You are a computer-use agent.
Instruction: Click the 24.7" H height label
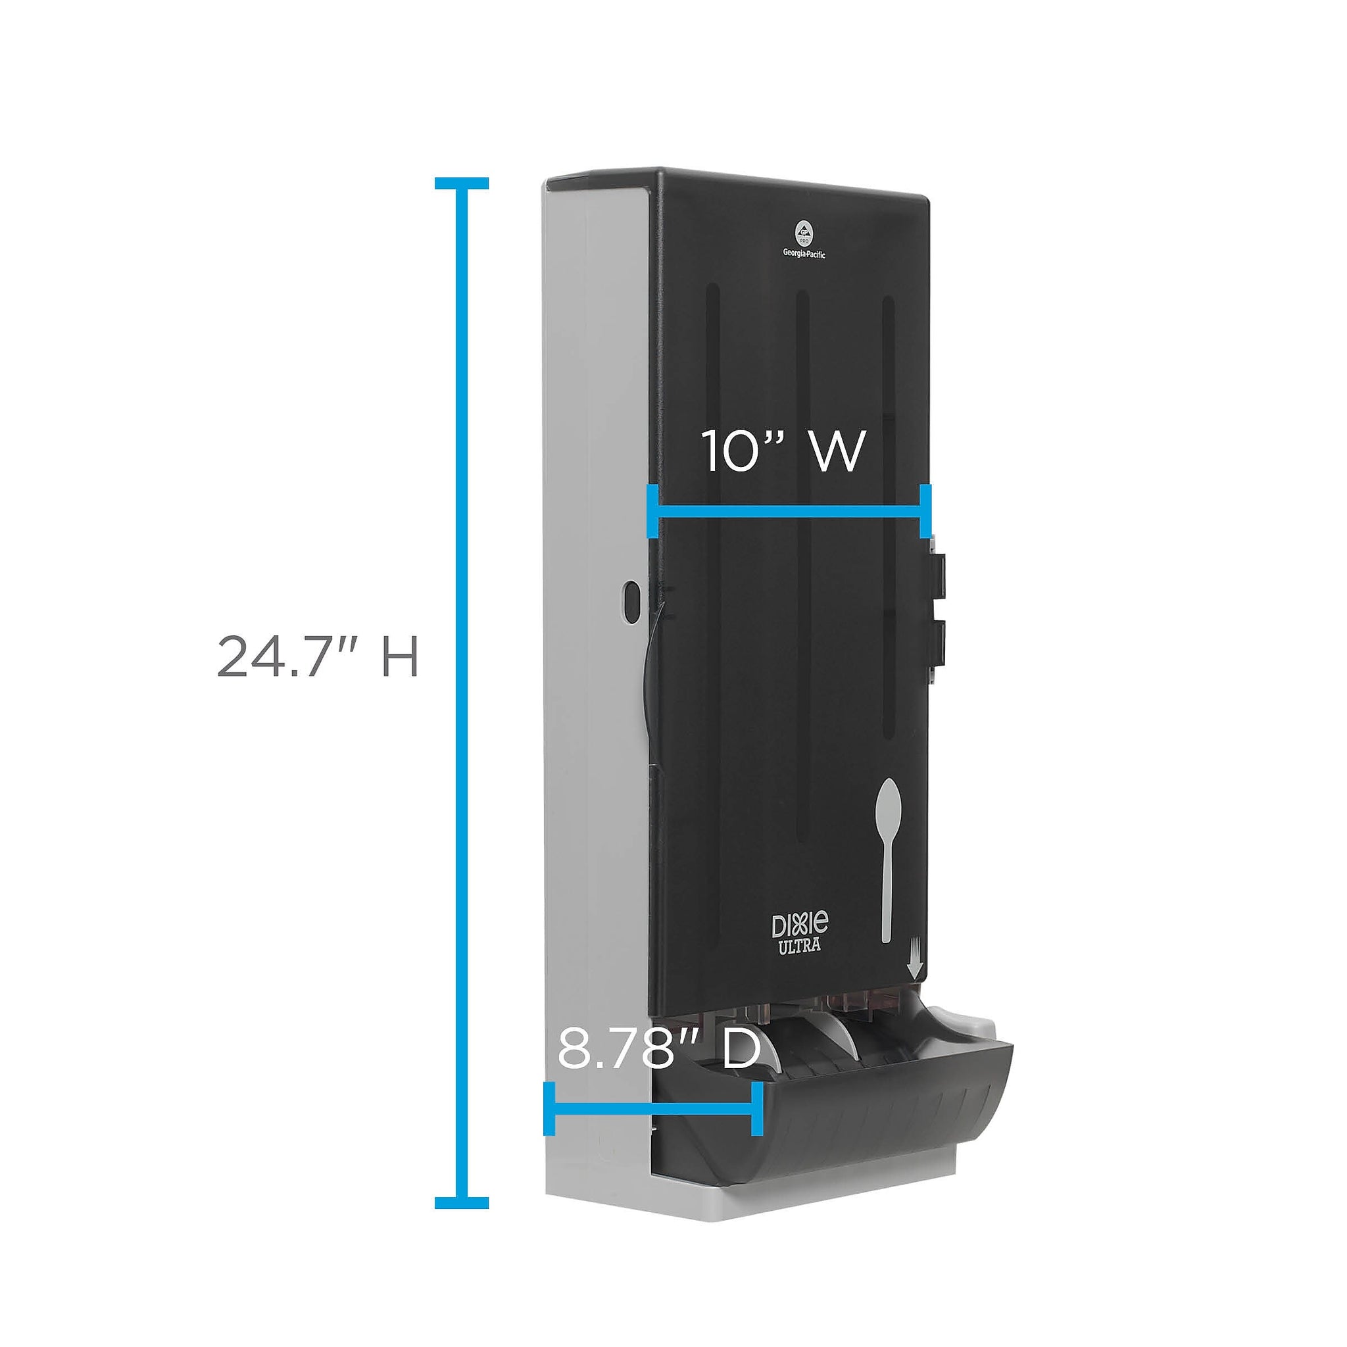tap(317, 656)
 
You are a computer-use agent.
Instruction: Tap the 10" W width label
tap(782, 451)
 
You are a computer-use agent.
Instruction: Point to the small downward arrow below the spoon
tap(916, 967)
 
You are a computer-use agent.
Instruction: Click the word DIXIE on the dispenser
tap(800, 925)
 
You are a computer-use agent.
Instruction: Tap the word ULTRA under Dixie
tap(800, 946)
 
